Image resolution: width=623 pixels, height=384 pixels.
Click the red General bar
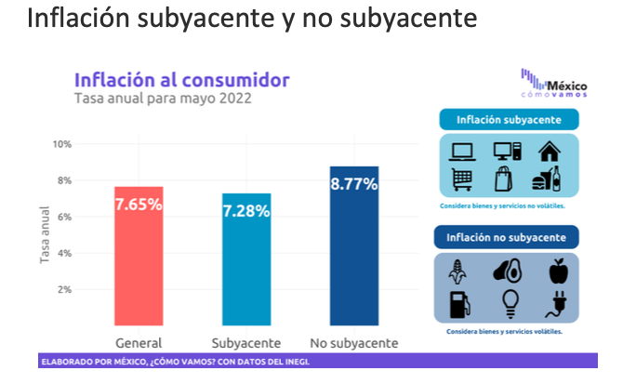pyautogui.click(x=138, y=256)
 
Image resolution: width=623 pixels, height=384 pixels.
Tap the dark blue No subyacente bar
pyautogui.click(x=353, y=245)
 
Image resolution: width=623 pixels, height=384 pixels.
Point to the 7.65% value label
pyautogui.click(x=138, y=204)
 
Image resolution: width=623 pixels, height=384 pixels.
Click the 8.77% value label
pyautogui.click(x=353, y=183)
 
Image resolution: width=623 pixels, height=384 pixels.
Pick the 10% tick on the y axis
pyautogui.click(x=63, y=144)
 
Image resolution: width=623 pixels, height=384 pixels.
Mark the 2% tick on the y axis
pyautogui.click(x=65, y=289)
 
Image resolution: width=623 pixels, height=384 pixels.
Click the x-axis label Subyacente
pyautogui.click(x=245, y=341)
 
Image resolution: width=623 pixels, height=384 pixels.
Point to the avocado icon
pyautogui.click(x=506, y=271)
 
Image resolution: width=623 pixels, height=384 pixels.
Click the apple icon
pyautogui.click(x=558, y=271)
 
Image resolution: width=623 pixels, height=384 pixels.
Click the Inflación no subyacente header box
pyautogui.click(x=506, y=237)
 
